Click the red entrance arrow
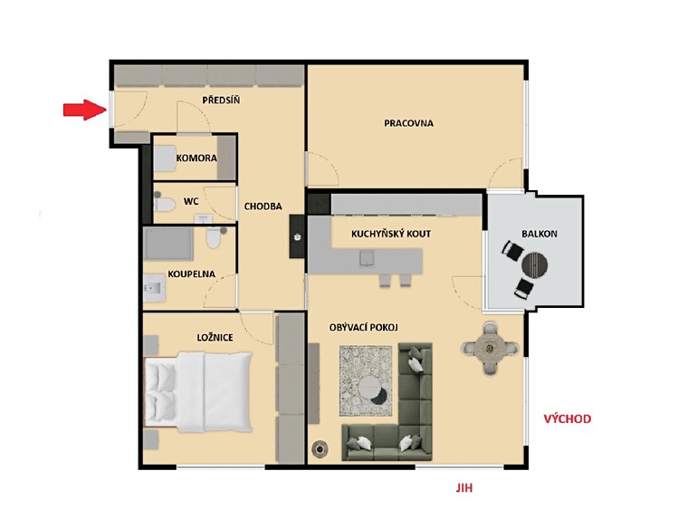click(x=85, y=110)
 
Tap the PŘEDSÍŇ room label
click(x=221, y=101)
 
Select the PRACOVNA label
click(x=408, y=123)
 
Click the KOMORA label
click(x=196, y=158)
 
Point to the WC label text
click(x=191, y=202)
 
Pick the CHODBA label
click(x=263, y=206)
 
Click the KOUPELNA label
click(x=192, y=274)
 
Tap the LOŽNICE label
click(x=215, y=338)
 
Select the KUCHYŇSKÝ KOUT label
click(x=391, y=234)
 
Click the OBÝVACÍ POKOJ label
click(x=364, y=327)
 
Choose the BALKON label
click(x=540, y=234)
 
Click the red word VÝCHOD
click(x=568, y=418)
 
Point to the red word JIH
click(x=464, y=488)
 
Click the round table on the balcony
click(x=534, y=264)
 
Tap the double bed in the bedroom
click(x=198, y=392)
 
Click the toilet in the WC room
click(x=165, y=204)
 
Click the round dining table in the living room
click(x=490, y=347)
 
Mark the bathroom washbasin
click(x=154, y=287)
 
